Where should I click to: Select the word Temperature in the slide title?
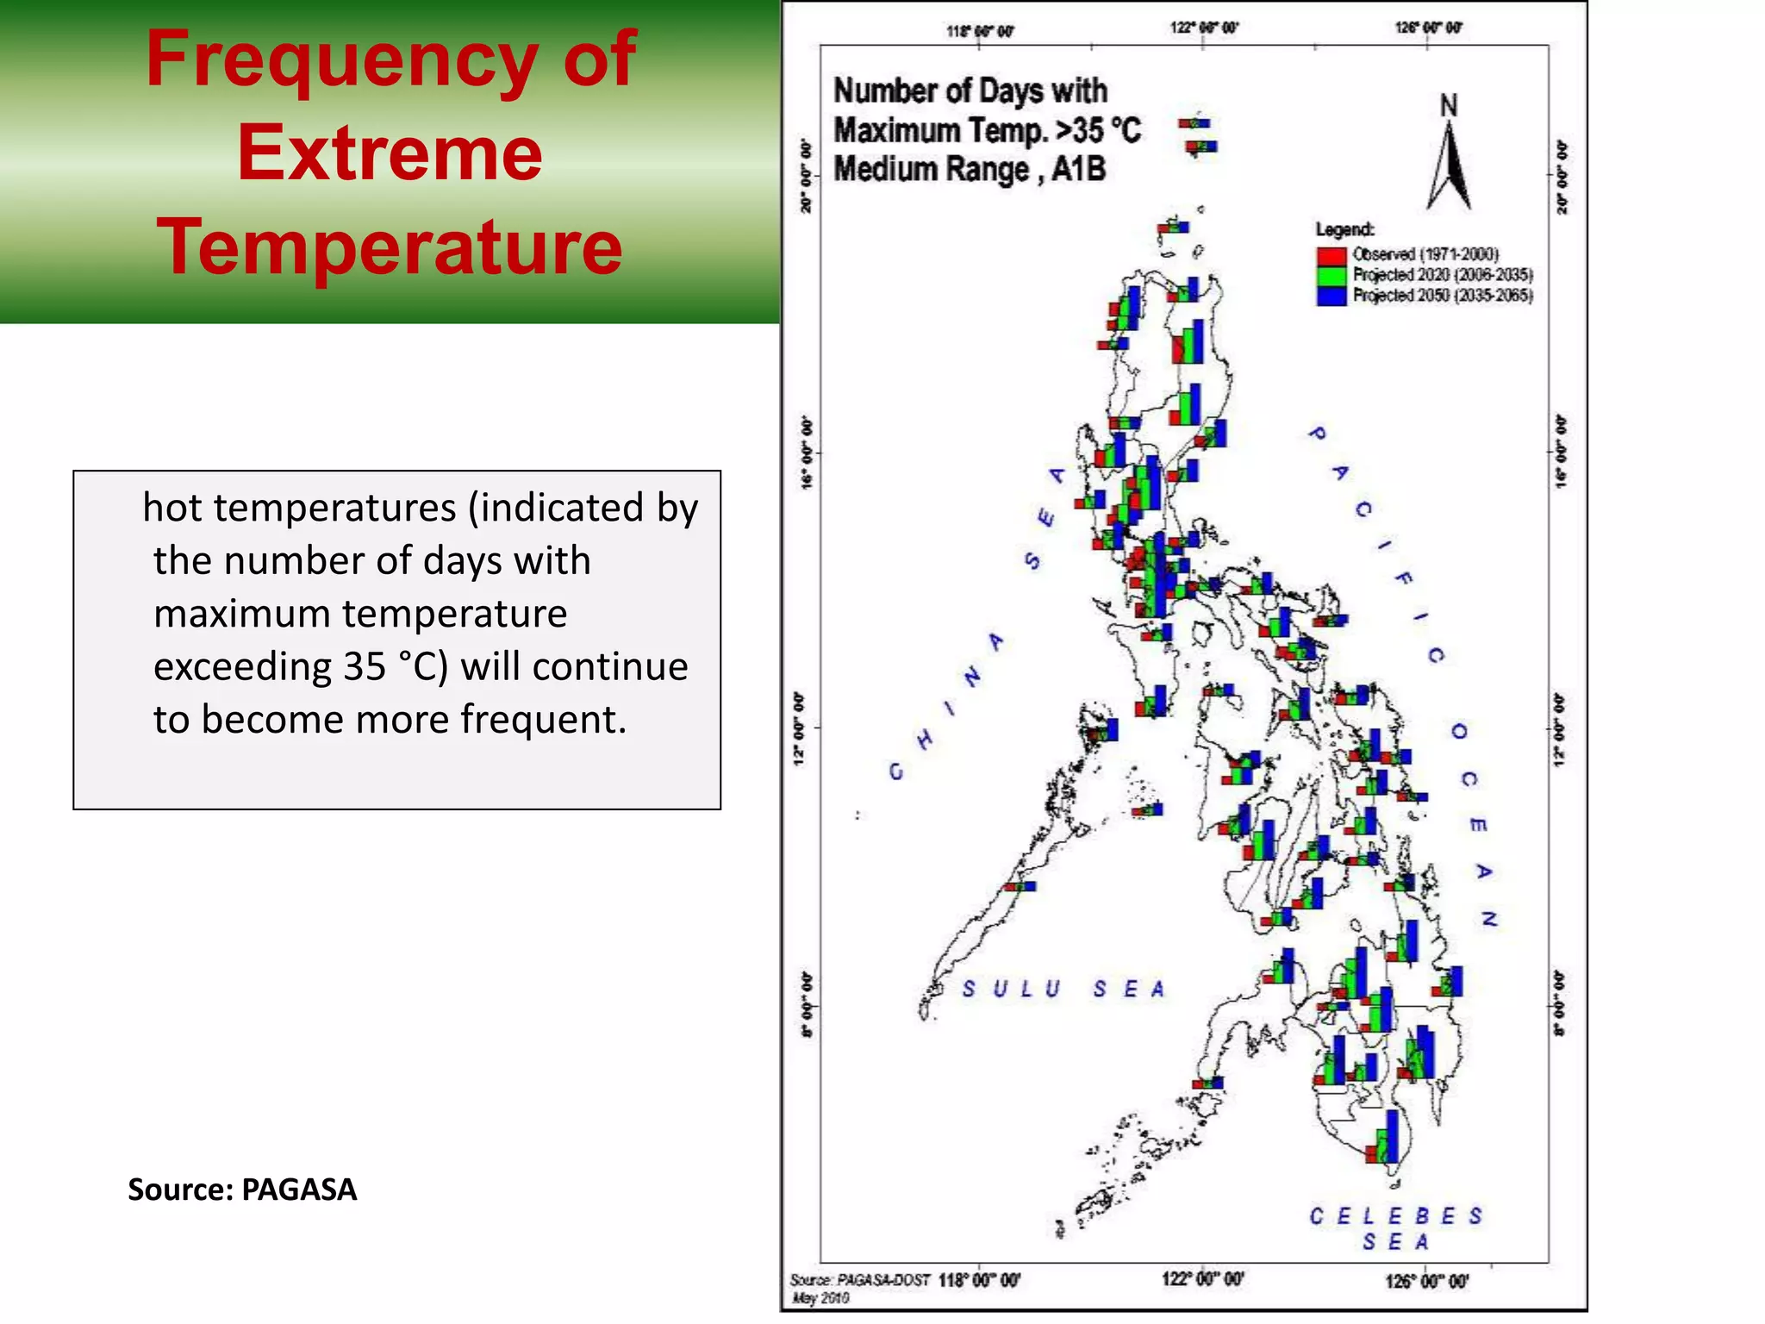coord(390,247)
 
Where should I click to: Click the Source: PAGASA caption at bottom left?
coord(242,1190)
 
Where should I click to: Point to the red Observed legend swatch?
coord(1331,255)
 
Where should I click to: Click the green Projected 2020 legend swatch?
coord(1331,276)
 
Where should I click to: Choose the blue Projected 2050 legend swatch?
coord(1331,296)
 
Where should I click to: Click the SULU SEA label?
coord(1063,989)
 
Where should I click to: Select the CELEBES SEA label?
coord(1395,1227)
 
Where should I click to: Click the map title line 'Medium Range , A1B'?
coord(970,170)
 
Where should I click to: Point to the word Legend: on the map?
coord(1344,229)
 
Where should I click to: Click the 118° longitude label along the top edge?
coord(980,32)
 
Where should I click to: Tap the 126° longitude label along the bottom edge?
coord(1425,1282)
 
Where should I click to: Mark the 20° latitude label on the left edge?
coord(807,176)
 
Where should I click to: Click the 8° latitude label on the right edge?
coord(1562,1005)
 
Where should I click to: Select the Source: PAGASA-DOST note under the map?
coord(859,1280)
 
